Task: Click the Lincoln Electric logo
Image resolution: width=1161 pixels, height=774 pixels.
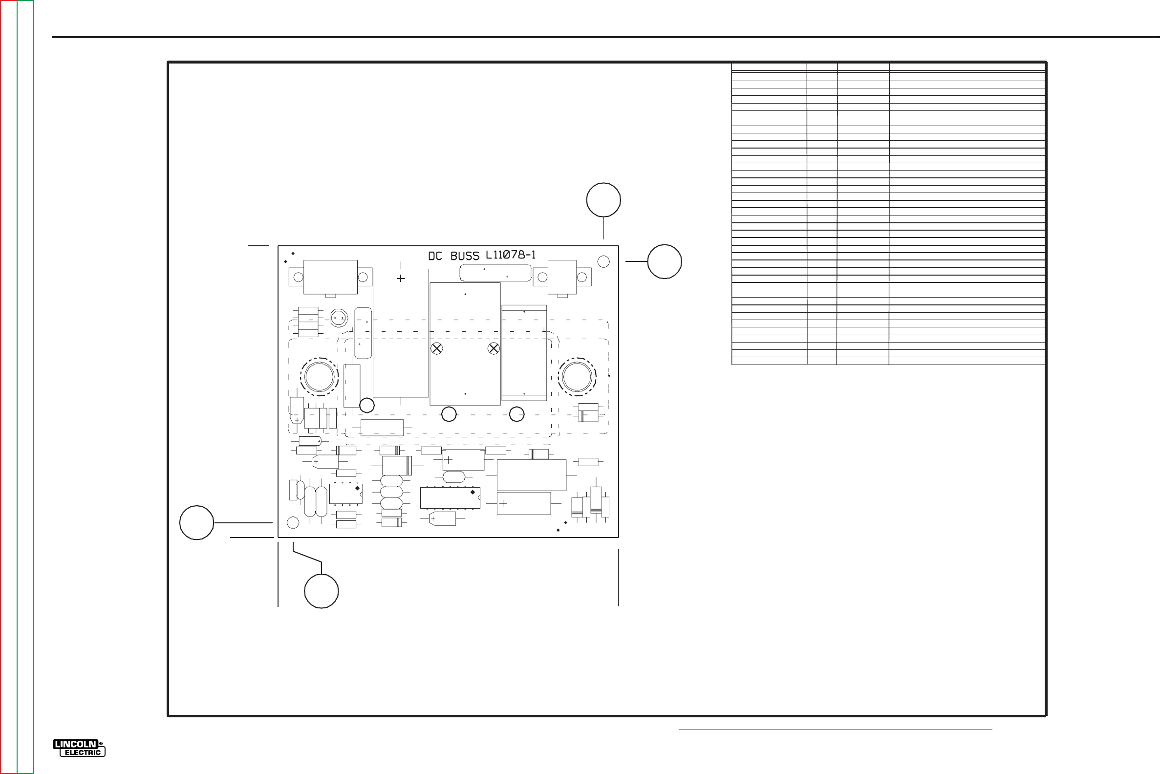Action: (79, 748)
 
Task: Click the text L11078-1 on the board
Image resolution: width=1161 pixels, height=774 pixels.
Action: (511, 255)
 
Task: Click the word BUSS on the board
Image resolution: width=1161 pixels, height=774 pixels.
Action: (465, 256)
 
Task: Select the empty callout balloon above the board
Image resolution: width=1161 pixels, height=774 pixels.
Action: (603, 200)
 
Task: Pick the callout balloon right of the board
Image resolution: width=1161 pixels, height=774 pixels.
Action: (665, 261)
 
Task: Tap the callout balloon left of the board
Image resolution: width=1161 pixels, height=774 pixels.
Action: (196, 523)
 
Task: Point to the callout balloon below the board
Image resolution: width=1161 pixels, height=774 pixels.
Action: (322, 591)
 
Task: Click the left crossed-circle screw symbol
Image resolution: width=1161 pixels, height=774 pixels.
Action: (436, 348)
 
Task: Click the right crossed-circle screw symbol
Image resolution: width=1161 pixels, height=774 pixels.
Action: (494, 348)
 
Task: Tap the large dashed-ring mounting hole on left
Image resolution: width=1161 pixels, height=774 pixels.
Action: (320, 377)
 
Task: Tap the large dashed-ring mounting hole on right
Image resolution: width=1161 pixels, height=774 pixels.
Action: (577, 377)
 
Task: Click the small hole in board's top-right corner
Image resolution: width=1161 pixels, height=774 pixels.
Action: (603, 261)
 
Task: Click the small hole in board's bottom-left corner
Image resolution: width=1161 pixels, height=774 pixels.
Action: (293, 522)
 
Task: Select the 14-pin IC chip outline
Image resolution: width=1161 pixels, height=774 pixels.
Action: (450, 497)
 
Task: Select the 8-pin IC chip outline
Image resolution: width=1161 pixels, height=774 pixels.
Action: (345, 494)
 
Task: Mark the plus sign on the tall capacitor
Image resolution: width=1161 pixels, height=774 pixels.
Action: (401, 279)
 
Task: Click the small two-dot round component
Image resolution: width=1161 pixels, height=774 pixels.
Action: (339, 318)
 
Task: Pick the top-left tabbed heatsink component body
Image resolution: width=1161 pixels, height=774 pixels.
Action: (330, 277)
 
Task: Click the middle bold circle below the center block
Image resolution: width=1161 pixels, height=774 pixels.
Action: (449, 414)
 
